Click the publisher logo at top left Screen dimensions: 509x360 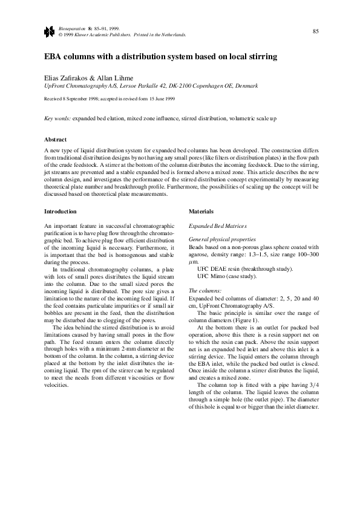[48, 31]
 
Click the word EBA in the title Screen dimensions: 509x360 [55, 57]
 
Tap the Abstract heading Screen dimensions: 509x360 [56, 140]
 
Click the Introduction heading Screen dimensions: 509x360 [61, 212]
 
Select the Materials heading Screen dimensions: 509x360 [201, 212]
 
